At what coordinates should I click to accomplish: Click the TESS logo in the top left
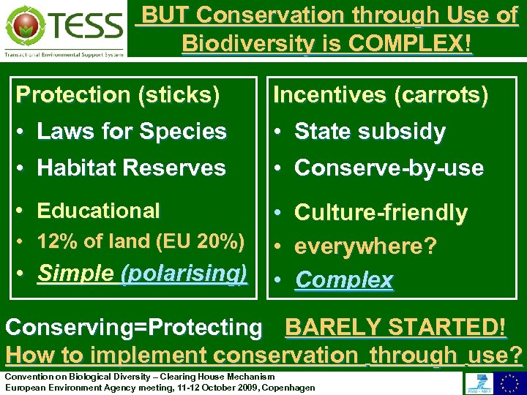point(64,29)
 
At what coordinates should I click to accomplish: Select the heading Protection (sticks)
point(118,95)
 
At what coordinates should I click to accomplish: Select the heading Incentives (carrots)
point(380,95)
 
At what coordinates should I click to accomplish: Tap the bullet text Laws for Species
point(132,132)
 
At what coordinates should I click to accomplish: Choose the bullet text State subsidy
point(370,132)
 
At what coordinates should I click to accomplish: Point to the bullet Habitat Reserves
point(131,168)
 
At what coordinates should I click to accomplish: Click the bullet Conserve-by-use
point(389,168)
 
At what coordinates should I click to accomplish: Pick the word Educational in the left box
point(98,211)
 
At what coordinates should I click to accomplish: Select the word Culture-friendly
point(381,213)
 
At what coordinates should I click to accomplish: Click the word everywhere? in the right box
point(365,246)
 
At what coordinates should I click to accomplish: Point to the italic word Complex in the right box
point(344,279)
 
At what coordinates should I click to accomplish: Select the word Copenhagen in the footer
point(288,388)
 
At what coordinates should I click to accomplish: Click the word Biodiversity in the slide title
point(245,43)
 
